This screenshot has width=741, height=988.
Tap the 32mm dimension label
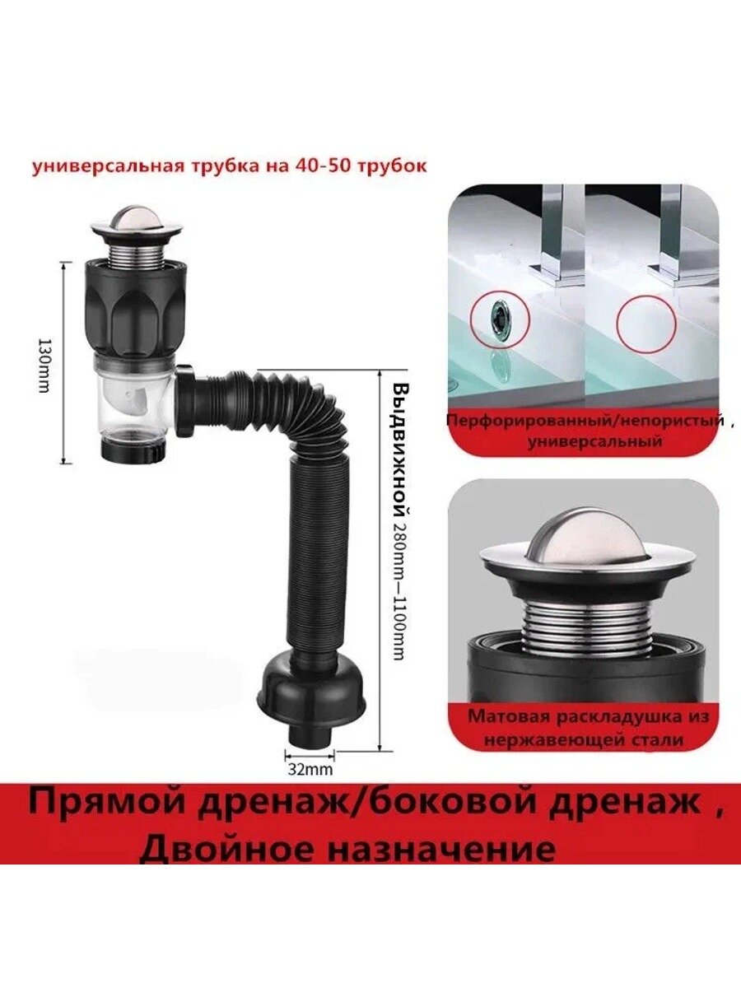[310, 593]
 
